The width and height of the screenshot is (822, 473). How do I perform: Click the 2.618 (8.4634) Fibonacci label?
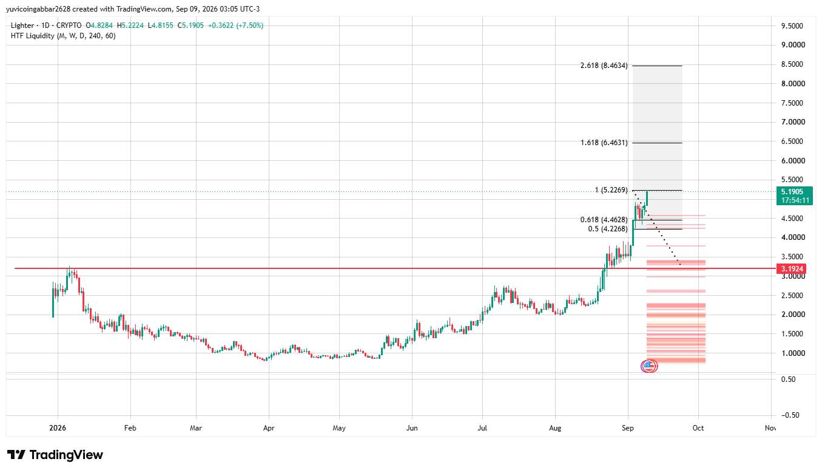[604, 66]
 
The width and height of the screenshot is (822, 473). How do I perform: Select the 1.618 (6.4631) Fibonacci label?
[604, 143]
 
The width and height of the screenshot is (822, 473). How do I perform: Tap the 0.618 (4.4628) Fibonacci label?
[604, 220]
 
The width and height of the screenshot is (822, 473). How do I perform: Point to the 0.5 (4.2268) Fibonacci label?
[608, 229]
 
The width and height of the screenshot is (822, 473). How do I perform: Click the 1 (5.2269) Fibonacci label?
[611, 190]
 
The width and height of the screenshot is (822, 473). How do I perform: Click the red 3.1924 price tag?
[792, 269]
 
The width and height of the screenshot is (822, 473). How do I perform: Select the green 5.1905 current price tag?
[795, 196]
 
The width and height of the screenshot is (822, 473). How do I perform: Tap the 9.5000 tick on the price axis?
[792, 26]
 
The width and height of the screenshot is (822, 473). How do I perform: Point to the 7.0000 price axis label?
[793, 122]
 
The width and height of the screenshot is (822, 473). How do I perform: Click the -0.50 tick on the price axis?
[790, 415]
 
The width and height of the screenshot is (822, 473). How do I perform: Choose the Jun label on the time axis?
[412, 428]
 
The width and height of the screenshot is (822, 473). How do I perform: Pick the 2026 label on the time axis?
[58, 428]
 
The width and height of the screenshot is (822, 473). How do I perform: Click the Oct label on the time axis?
[698, 428]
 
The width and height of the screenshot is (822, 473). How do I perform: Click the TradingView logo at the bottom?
[55, 455]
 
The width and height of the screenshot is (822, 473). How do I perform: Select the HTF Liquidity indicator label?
[63, 36]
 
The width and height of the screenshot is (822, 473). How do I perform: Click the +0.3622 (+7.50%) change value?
[235, 26]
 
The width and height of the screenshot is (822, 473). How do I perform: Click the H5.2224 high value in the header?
[130, 26]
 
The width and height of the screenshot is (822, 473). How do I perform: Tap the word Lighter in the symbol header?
[22, 26]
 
